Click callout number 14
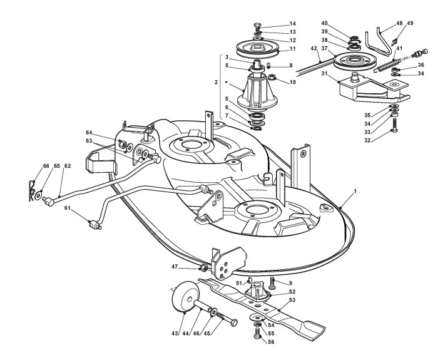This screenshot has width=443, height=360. tap(292, 23)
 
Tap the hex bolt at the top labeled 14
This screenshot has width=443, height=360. tap(258, 28)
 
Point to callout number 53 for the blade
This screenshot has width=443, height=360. tap(292, 300)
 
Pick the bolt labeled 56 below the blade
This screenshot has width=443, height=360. tap(258, 333)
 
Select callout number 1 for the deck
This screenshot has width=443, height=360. tap(355, 191)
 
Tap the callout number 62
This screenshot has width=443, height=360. tap(67, 166)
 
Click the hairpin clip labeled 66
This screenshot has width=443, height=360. tap(31, 192)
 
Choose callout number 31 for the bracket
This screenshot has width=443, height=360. tap(324, 73)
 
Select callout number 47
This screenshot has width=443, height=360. tap(175, 266)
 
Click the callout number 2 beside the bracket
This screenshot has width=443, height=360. tap(216, 82)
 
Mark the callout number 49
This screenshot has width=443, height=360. tap(410, 23)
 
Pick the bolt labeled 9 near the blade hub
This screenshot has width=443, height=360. tap(272, 283)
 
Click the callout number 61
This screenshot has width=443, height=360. tap(67, 208)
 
